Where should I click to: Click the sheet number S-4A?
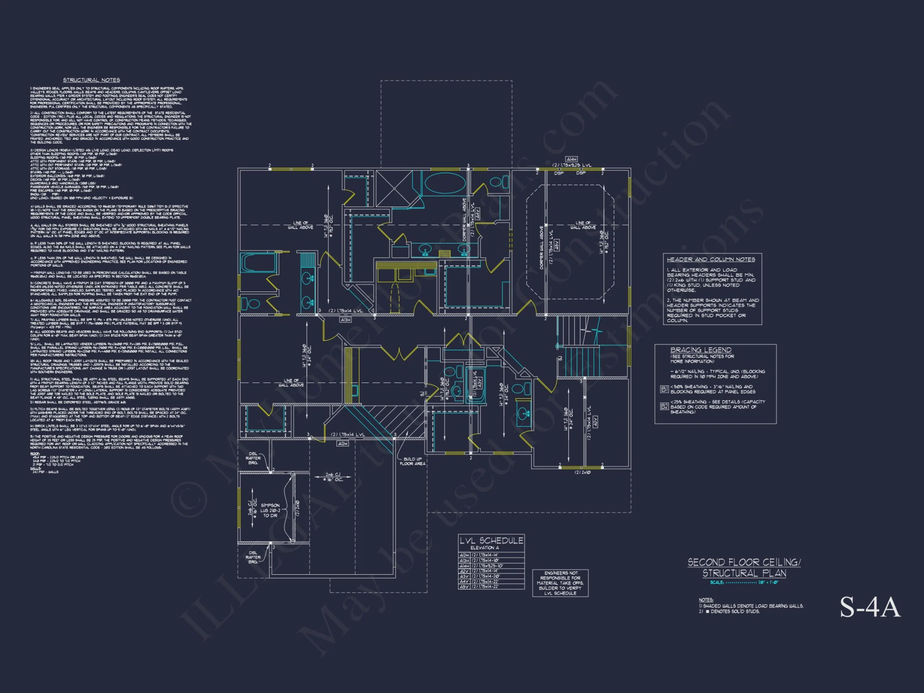click(870, 607)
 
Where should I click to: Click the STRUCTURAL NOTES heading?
click(91, 80)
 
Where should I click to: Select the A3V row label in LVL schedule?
click(464, 576)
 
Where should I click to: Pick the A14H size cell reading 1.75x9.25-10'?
click(488, 565)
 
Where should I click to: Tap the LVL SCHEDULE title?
click(491, 541)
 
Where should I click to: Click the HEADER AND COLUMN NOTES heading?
click(711, 259)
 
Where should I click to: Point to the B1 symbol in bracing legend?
click(664, 389)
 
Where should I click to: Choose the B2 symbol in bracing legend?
click(664, 406)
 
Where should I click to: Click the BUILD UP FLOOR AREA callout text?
click(413, 461)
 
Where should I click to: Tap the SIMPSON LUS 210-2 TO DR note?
click(270, 510)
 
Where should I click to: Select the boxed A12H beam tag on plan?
click(342, 444)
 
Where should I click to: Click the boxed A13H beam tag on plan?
click(345, 320)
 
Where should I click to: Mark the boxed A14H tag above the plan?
click(571, 159)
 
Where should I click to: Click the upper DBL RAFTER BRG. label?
click(253, 458)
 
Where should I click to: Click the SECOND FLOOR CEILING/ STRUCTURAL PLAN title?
click(744, 568)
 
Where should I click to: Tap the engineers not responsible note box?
click(560, 583)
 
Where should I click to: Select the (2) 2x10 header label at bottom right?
click(582, 473)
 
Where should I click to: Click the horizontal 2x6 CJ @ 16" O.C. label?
click(334, 477)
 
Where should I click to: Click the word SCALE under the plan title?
click(717, 583)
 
